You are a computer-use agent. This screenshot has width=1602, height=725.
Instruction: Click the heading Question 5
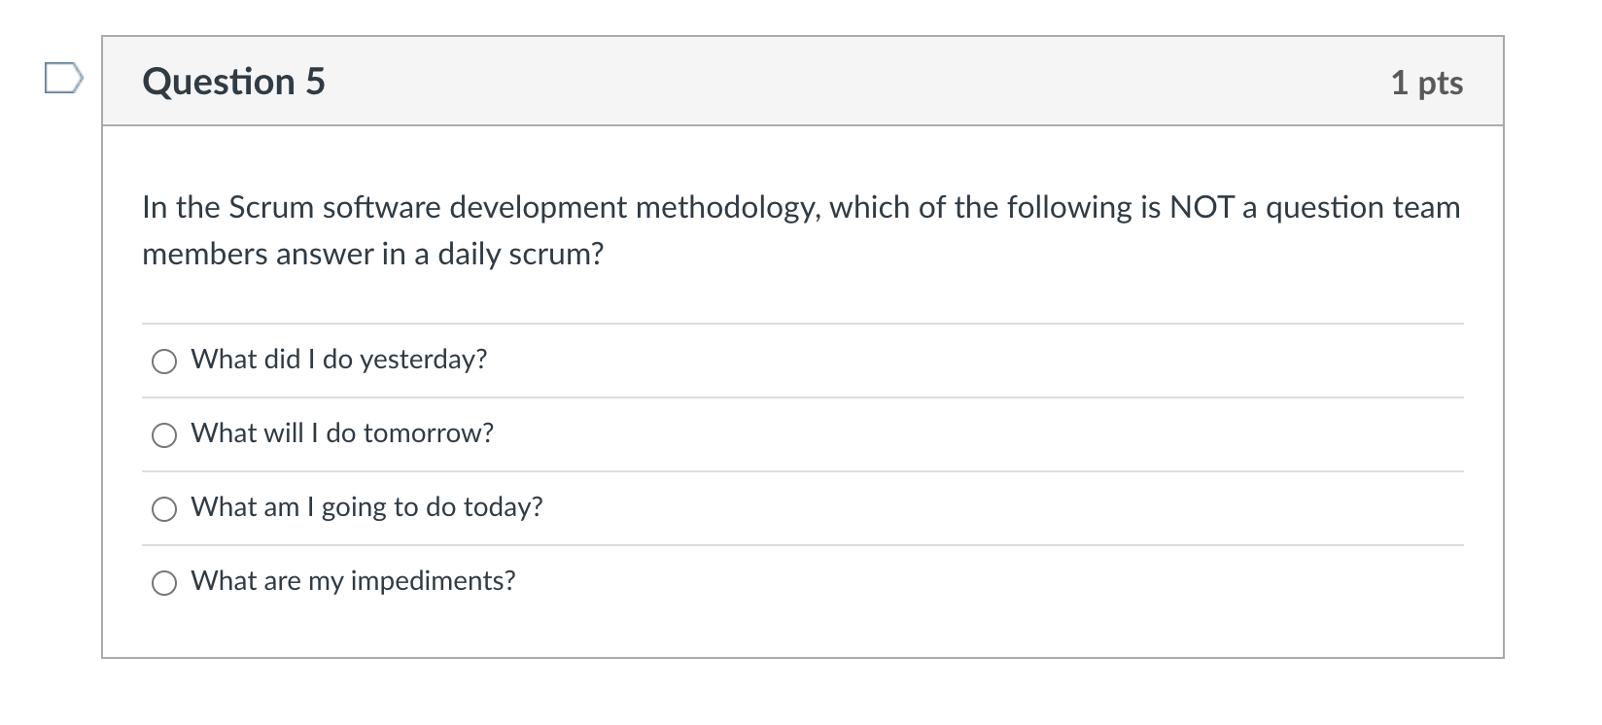coord(233,82)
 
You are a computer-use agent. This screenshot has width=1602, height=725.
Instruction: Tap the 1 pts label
coord(1426,83)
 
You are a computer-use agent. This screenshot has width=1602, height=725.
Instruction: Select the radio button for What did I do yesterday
coord(164,362)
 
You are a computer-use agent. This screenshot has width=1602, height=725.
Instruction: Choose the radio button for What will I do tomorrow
coord(164,435)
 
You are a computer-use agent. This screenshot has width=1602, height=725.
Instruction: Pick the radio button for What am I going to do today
coord(164,509)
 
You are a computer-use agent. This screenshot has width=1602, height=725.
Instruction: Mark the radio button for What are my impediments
coord(164,583)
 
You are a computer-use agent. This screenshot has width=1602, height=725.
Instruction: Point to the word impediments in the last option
coord(433,581)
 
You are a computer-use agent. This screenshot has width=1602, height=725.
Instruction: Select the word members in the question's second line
coord(204,255)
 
